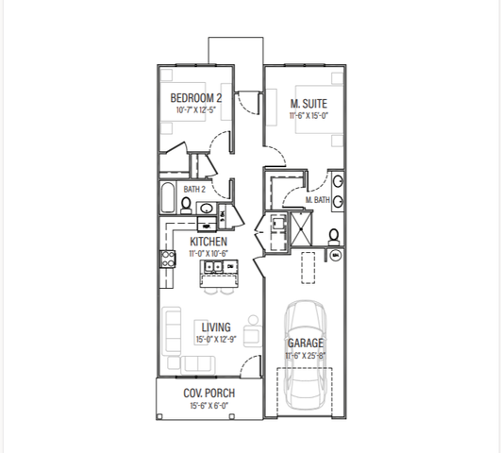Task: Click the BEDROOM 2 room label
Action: [196, 98]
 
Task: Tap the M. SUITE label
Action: [309, 104]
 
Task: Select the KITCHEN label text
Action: [209, 242]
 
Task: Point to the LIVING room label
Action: [216, 327]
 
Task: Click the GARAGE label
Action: [306, 343]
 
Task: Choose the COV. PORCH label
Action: [209, 393]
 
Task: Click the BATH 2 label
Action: [194, 190]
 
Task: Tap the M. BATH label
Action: [318, 200]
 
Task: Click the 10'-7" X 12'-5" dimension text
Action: [196, 110]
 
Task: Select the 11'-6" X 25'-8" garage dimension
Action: [306, 356]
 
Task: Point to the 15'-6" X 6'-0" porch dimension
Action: [209, 406]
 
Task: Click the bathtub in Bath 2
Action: [168, 197]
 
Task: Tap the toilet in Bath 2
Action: [186, 206]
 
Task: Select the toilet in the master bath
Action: [334, 237]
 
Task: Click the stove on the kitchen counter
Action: [168, 259]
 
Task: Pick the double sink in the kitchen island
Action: [213, 266]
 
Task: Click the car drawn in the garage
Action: [305, 356]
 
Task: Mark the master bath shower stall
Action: [302, 229]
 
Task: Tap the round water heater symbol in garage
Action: [336, 256]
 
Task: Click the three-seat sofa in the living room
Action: [172, 331]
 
